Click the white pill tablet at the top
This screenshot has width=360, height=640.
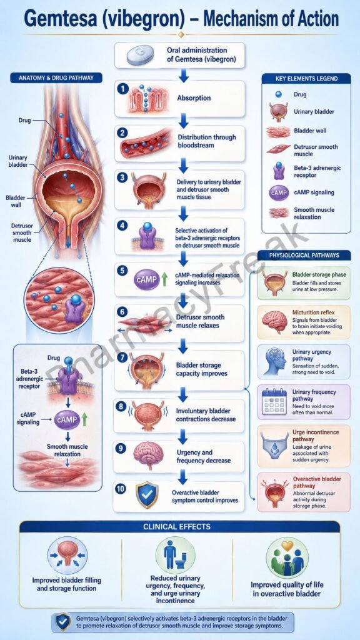coord(141,56)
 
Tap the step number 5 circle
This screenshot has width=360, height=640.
coord(122,271)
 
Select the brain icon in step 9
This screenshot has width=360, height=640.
coord(149,456)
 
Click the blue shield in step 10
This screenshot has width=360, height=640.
coord(146,495)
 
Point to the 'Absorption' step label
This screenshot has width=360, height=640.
coord(194,98)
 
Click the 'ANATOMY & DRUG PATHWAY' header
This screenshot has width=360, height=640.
coord(56,78)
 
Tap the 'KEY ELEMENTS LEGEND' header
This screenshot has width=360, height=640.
coord(306,78)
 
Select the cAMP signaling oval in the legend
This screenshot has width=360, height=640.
coord(279,192)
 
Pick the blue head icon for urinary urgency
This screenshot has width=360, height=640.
coord(274,361)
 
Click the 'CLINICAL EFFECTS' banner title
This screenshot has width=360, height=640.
coord(177,526)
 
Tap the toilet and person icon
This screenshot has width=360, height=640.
coord(176,555)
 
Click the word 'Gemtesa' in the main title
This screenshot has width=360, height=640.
coord(61,19)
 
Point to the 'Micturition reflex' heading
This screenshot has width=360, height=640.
coord(316,312)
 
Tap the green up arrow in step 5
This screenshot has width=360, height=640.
coord(164,279)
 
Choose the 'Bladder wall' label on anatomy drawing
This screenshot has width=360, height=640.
coord(16,201)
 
